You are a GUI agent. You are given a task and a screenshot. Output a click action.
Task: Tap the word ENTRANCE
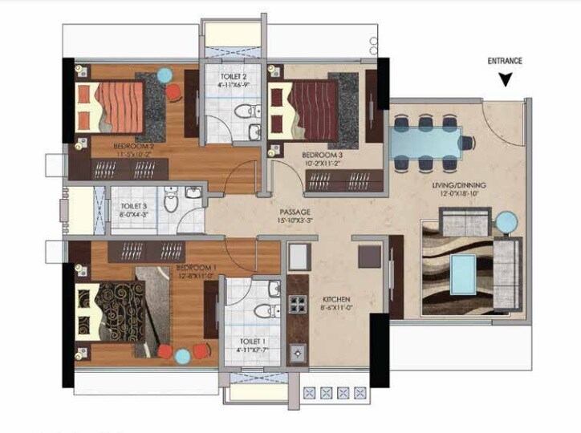pyautogui.click(x=505, y=61)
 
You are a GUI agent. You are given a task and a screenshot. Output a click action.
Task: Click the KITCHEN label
pyautogui.click(x=335, y=296)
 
